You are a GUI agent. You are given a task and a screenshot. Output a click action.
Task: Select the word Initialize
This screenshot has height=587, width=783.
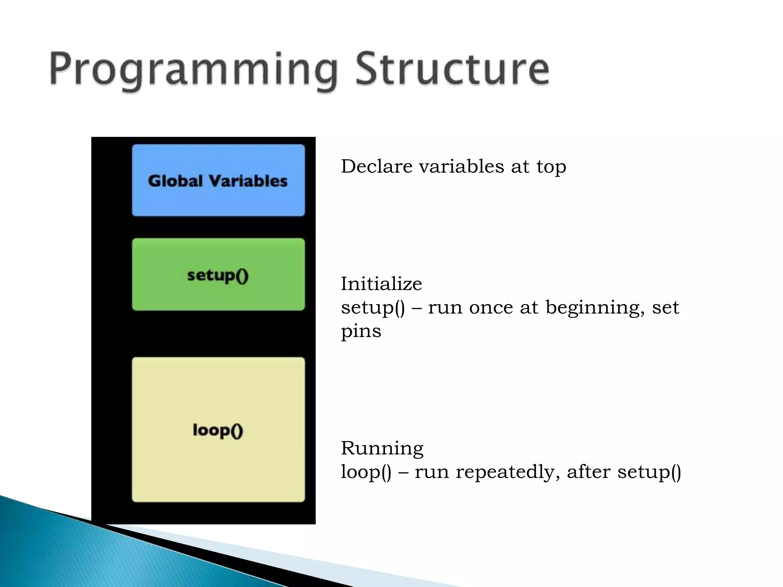click(381, 284)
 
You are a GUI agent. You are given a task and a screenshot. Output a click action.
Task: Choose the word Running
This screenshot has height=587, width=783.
click(382, 449)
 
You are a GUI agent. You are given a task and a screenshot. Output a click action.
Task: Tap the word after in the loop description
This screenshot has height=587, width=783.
click(589, 472)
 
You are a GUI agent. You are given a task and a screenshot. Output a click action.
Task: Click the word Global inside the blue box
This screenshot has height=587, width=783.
click(175, 181)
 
